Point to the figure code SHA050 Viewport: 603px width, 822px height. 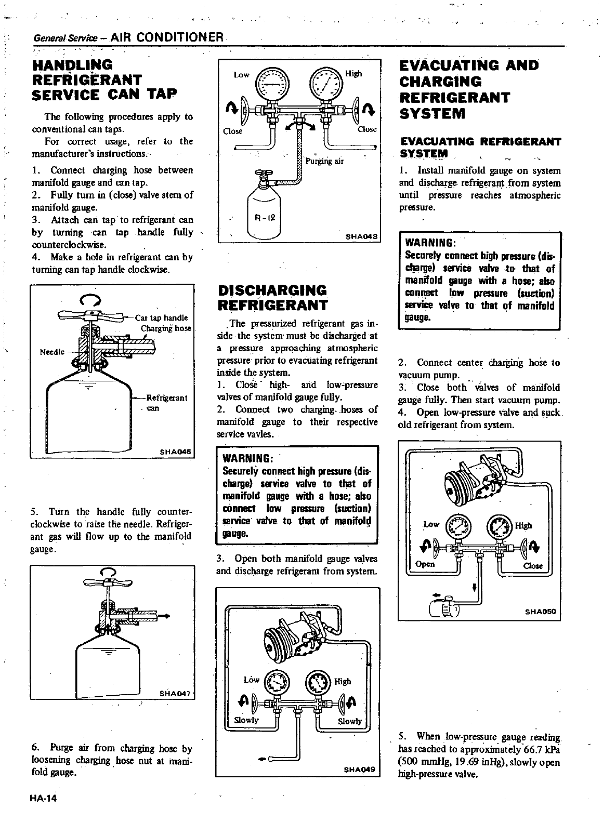pos(541,612)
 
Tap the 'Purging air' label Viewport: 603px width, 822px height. pos(325,161)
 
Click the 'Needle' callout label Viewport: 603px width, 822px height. pos(52,352)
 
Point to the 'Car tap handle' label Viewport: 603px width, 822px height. pos(161,318)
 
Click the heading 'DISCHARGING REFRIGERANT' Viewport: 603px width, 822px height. pos(272,297)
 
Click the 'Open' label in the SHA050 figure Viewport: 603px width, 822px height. pos(425,564)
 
